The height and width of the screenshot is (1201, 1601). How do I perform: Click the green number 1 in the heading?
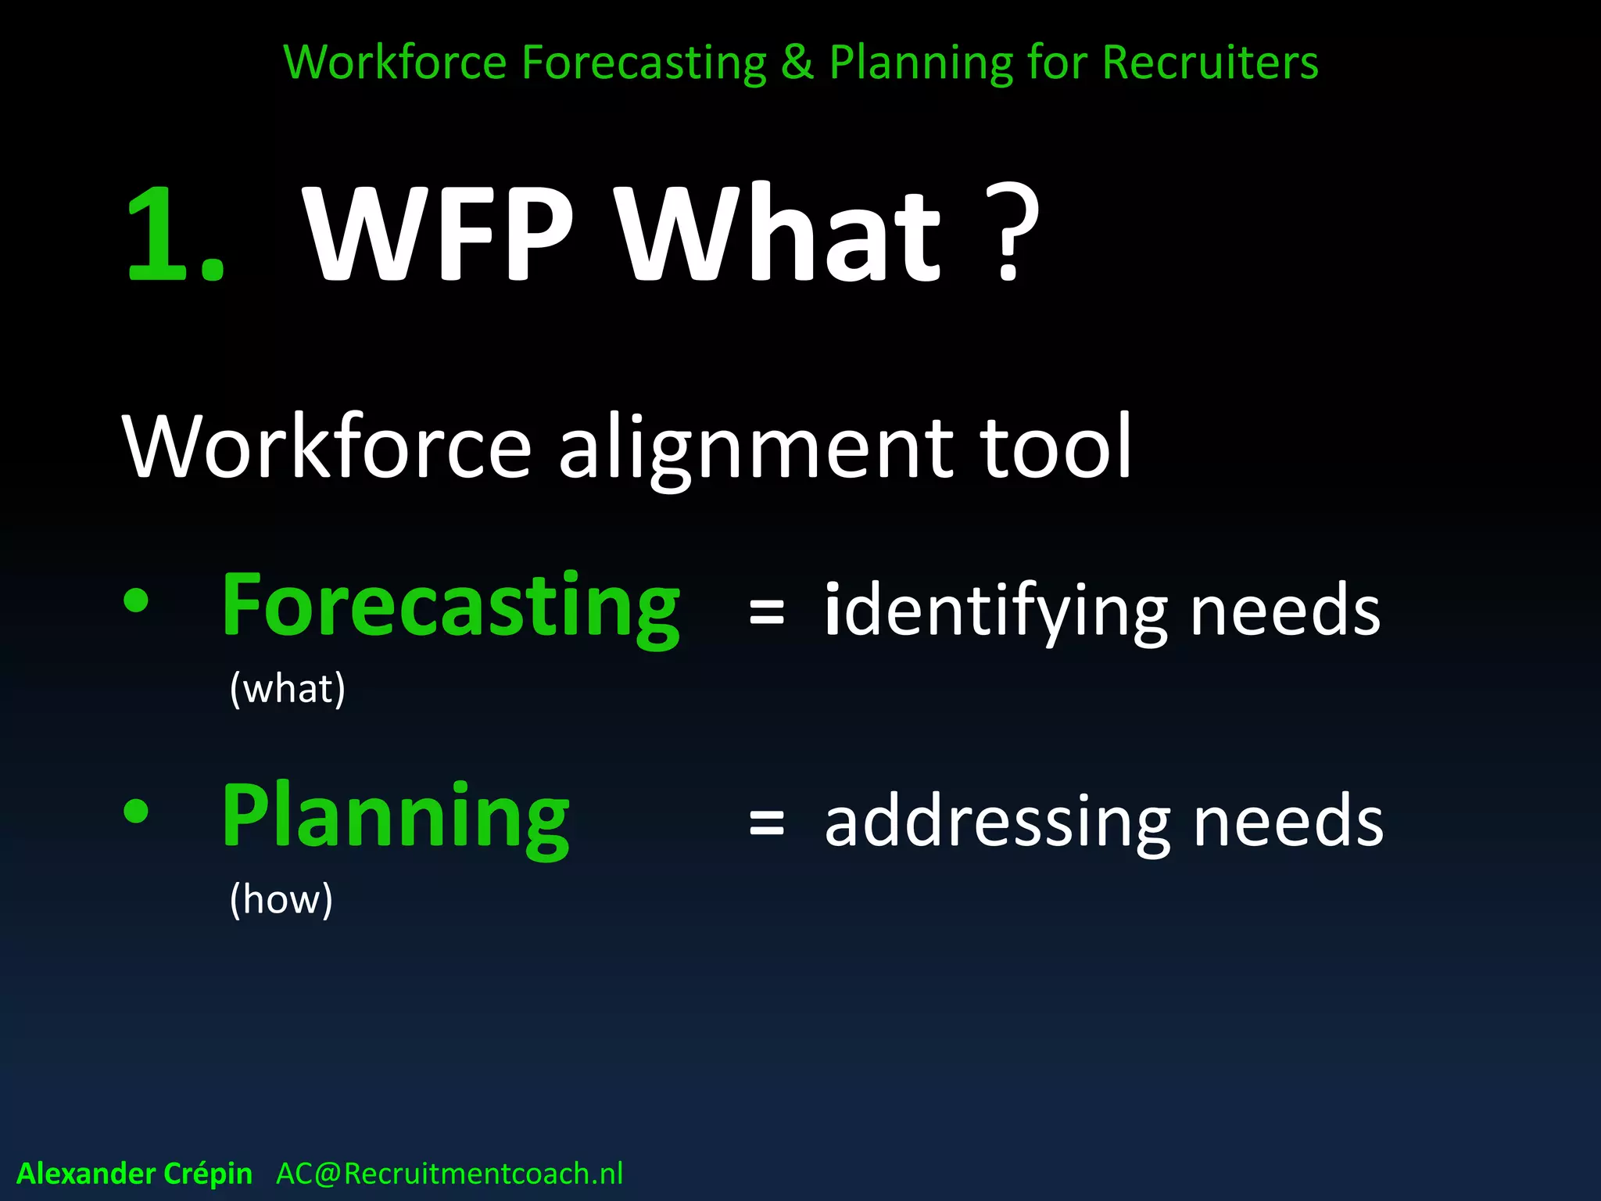160,235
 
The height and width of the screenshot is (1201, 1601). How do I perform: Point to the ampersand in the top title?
797,63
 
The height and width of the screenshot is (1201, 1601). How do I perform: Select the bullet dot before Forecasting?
136,600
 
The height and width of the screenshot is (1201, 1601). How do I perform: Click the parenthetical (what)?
288,689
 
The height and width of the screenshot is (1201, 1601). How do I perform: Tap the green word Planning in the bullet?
396,817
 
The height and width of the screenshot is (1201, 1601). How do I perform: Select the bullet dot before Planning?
136,811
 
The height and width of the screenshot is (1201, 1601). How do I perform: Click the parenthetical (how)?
281,899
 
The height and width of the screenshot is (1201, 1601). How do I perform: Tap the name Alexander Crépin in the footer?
134,1174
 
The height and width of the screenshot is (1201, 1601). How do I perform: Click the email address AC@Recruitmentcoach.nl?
449,1174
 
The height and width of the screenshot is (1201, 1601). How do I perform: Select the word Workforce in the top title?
395,63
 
